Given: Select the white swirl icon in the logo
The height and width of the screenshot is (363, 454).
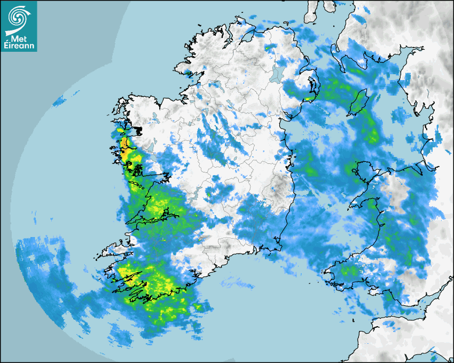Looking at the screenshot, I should pyautogui.click(x=18, y=17).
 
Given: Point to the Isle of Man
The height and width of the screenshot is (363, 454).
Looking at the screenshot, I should pyautogui.click(x=357, y=103).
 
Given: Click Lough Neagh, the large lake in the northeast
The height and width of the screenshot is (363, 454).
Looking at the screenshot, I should pyautogui.click(x=277, y=73).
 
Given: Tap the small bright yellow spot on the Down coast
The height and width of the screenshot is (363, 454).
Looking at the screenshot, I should pyautogui.click(x=310, y=98).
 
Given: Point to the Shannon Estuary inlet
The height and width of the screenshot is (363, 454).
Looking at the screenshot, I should pyautogui.click(x=152, y=218).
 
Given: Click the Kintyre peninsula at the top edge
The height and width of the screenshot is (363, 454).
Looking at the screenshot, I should pyautogui.click(x=313, y=11).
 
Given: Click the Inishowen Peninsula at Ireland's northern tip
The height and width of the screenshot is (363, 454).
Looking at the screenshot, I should pyautogui.click(x=248, y=29).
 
